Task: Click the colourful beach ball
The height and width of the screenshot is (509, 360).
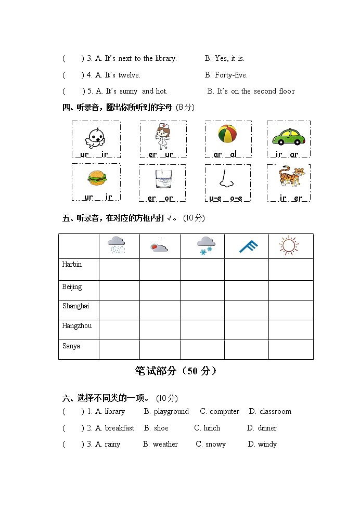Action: pyautogui.click(x=227, y=134)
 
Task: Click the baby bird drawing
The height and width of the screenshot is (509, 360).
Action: pyautogui.click(x=95, y=137)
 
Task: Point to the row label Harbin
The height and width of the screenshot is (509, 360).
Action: pyautogui.click(x=72, y=264)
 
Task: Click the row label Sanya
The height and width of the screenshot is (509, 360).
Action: pyautogui.click(x=71, y=346)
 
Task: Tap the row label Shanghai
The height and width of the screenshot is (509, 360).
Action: pyautogui.click(x=75, y=306)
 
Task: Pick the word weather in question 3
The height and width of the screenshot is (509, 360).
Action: pyautogui.click(x=165, y=444)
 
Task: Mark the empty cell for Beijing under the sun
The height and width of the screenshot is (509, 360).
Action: pyautogui.click(x=291, y=291)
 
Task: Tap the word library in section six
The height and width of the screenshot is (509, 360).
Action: pyautogui.click(x=114, y=411)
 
